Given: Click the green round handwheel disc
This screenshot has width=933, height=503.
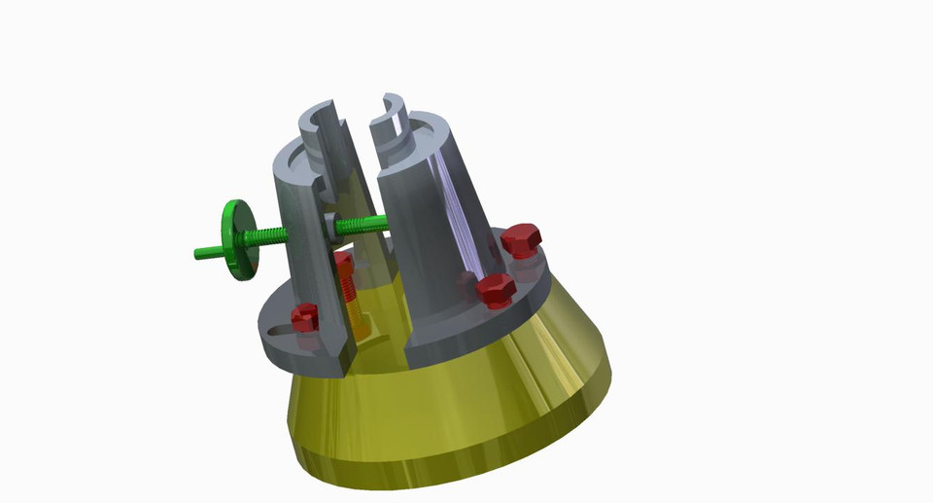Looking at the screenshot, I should click(234, 239).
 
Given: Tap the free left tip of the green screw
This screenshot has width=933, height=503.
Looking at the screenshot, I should click(200, 254).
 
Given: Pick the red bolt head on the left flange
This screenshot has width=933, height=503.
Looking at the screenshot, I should click(305, 316).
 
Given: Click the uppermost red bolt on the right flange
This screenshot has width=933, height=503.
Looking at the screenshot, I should click(521, 239).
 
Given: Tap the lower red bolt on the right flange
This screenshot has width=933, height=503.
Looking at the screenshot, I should click(496, 289).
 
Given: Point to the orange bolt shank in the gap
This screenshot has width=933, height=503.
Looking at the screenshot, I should click(356, 311).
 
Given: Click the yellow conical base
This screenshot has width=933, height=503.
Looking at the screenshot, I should click(457, 409).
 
